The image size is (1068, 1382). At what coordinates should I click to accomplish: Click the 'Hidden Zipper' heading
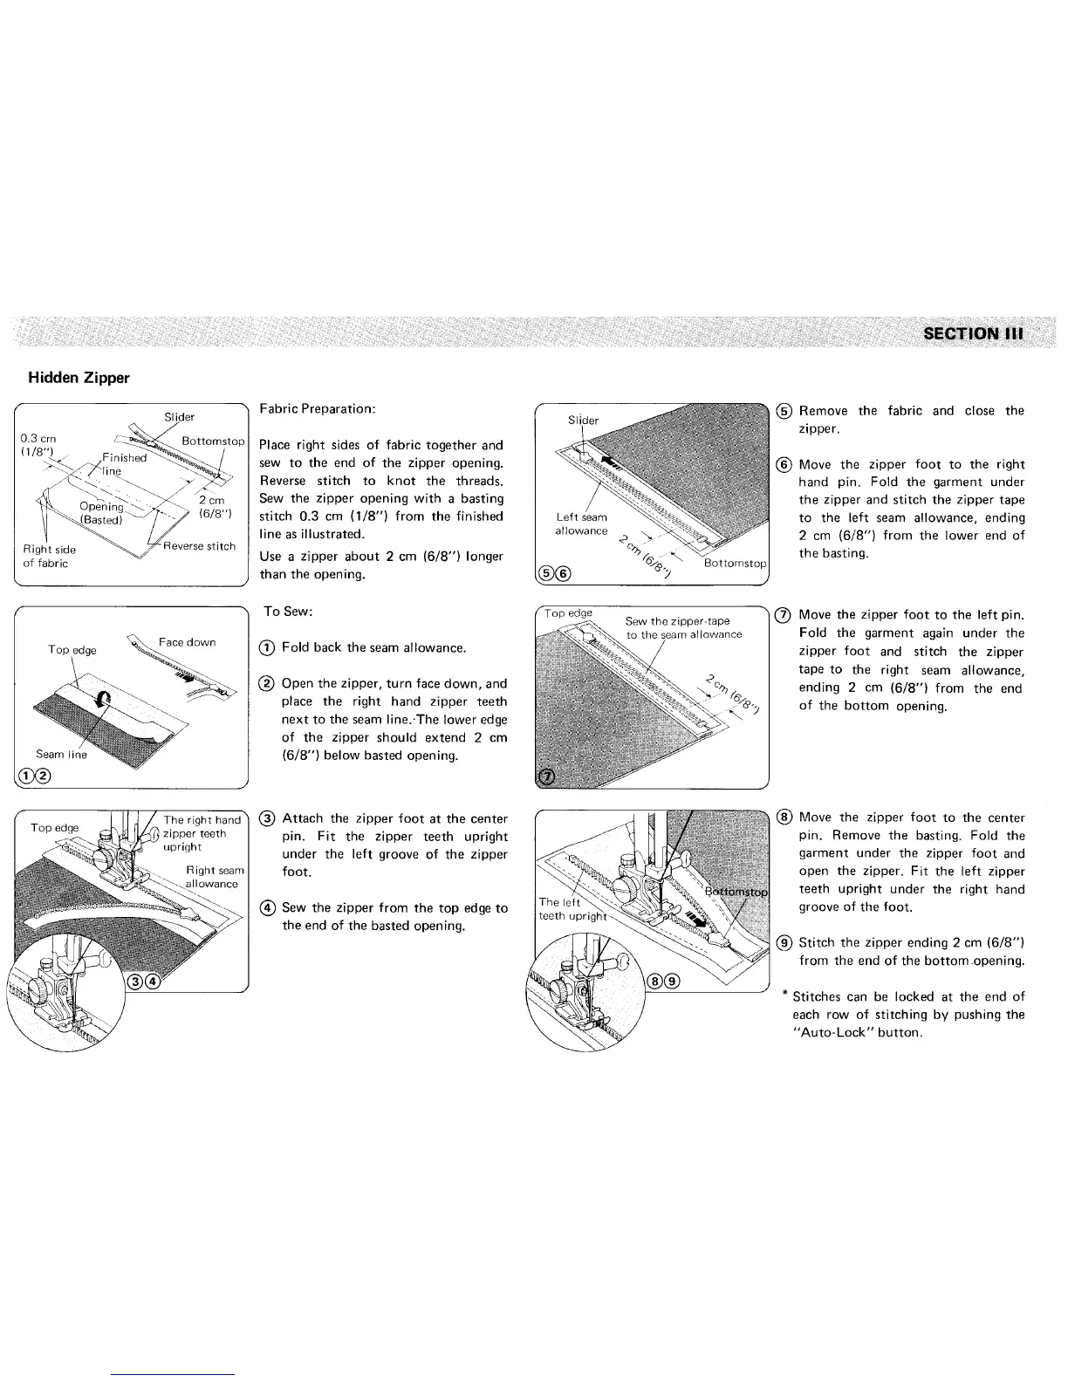pos(79,378)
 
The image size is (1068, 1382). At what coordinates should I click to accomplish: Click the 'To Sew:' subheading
pos(289,612)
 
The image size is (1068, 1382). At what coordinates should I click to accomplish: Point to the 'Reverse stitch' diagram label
pos(200,547)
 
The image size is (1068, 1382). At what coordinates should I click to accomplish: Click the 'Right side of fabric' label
pos(49,557)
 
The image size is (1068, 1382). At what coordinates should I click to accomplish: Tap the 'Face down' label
pos(187,642)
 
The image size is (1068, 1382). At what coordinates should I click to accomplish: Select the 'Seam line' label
pos(61,755)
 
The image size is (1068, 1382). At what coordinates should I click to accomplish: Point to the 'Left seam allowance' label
pos(581,524)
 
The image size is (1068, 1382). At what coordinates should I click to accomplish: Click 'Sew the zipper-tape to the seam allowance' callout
pos(683,627)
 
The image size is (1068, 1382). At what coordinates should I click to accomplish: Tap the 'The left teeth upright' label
pos(567,909)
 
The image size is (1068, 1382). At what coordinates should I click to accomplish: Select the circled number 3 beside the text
pos(269,818)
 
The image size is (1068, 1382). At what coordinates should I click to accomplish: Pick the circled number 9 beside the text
pos(784,942)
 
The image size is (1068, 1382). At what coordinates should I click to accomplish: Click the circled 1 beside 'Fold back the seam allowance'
pos(269,648)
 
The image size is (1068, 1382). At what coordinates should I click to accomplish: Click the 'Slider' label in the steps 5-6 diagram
pos(584,421)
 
